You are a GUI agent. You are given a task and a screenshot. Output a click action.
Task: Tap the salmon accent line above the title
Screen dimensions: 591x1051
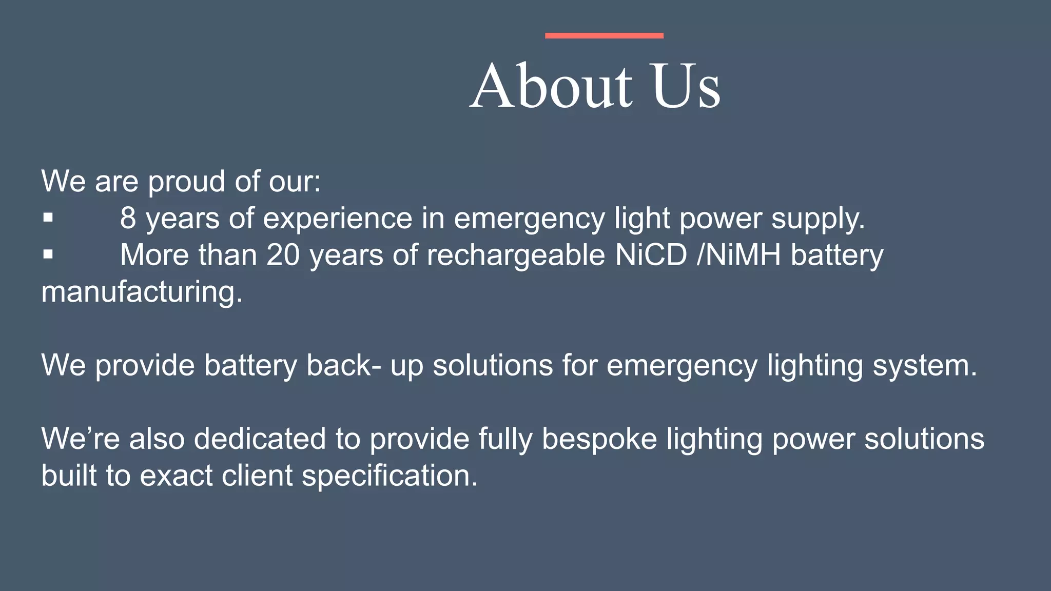604,35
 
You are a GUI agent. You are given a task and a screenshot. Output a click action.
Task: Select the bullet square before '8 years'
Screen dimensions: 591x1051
48,218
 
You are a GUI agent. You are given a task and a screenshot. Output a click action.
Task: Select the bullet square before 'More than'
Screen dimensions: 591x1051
48,254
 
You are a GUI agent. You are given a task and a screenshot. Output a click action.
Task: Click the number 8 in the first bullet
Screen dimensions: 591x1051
128,218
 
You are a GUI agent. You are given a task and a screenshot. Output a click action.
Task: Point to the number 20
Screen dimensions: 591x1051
283,254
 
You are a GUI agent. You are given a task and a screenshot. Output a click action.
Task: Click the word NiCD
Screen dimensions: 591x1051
651,254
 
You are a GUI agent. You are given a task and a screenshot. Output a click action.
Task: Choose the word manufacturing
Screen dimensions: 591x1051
141,292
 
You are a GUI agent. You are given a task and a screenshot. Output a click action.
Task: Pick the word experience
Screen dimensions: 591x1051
338,219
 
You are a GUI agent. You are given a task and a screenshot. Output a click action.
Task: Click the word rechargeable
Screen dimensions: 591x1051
516,255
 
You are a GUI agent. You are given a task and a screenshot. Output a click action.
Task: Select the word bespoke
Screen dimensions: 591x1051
599,439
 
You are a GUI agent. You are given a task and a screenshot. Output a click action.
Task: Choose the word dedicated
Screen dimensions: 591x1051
260,439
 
